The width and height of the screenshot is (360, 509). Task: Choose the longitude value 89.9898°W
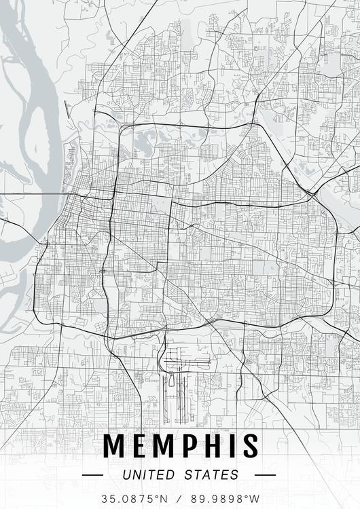(226, 497)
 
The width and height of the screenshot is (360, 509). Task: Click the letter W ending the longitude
(255, 497)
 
